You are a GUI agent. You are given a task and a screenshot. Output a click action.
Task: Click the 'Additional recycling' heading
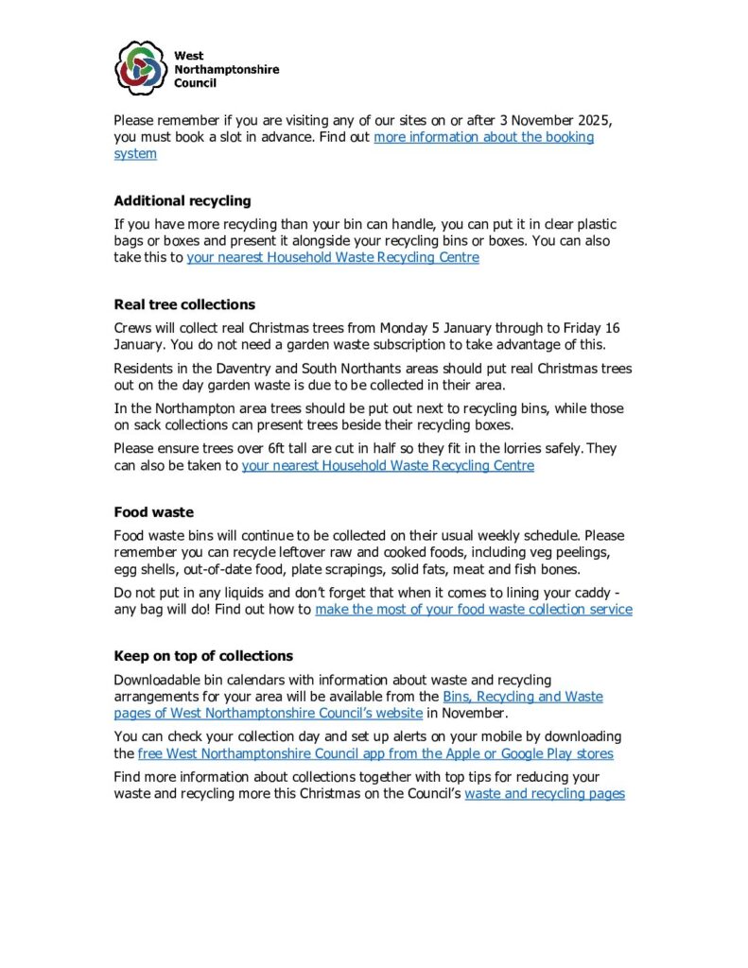point(183,200)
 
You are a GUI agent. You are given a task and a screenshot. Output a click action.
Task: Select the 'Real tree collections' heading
point(184,304)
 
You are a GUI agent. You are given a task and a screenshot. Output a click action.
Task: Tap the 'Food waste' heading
point(153,512)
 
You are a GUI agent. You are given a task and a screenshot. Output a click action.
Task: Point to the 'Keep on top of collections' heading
point(203,656)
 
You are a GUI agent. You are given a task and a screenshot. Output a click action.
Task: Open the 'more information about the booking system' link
point(483,137)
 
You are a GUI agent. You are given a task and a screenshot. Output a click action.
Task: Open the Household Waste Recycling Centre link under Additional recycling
point(333,257)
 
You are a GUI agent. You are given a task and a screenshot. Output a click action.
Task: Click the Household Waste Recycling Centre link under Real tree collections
point(388,465)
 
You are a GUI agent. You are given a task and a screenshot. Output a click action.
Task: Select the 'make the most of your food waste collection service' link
point(473,610)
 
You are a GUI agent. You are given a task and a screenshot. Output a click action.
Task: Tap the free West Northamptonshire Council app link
point(375,753)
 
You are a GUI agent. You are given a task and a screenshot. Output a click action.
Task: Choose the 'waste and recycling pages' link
point(544,794)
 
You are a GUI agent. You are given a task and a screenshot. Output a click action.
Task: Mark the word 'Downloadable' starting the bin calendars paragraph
point(157,681)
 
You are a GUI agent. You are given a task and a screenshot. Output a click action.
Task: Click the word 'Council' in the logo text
point(195,82)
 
